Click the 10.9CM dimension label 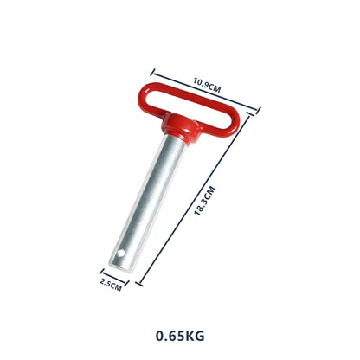point(205,84)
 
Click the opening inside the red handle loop point(196,105)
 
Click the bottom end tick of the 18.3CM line point(138,284)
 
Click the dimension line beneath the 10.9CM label point(206,92)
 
